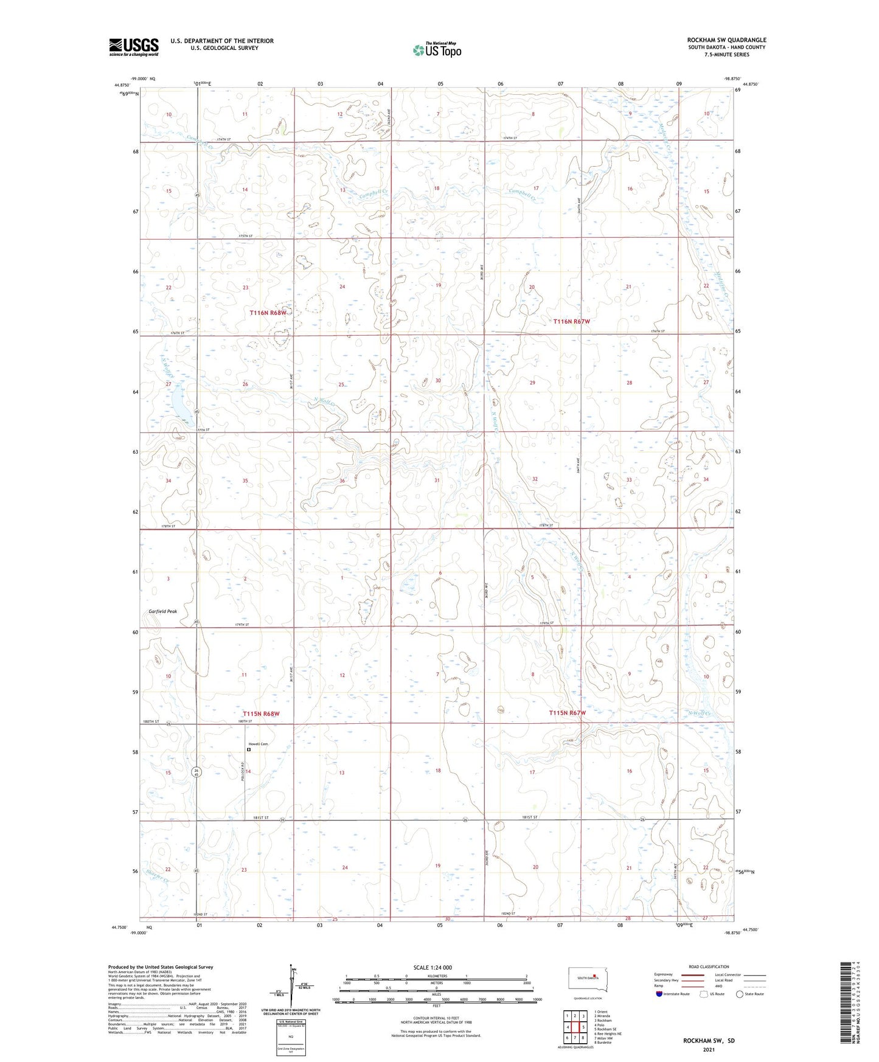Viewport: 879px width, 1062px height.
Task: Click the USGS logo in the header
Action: click(x=134, y=46)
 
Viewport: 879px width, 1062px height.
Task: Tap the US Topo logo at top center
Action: click(x=436, y=50)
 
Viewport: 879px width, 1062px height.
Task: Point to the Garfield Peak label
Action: click(x=163, y=611)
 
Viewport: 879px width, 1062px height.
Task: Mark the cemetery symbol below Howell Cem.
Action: click(x=249, y=750)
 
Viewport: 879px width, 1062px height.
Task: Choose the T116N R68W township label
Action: click(x=268, y=313)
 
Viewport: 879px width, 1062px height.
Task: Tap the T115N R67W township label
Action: click(x=567, y=712)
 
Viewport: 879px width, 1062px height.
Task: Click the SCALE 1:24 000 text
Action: click(x=433, y=967)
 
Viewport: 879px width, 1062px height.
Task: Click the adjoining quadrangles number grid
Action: click(x=574, y=1027)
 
